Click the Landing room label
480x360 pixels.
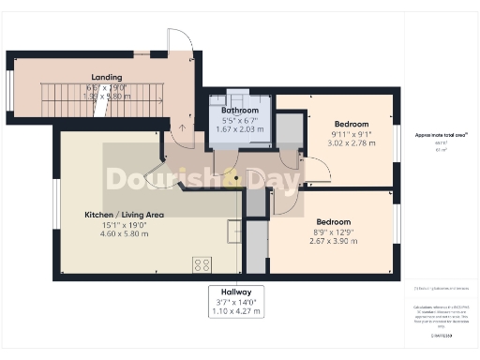(x=106, y=77)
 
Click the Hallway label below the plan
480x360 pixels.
(x=236, y=292)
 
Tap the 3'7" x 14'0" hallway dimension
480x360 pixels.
(x=236, y=302)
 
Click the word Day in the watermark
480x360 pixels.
(x=274, y=178)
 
